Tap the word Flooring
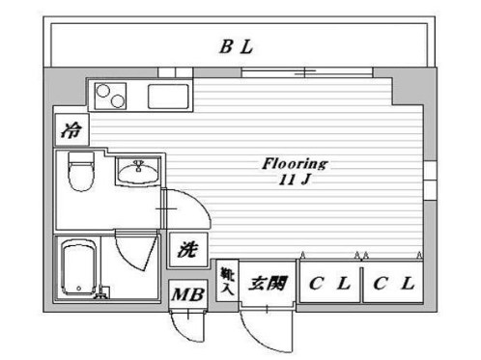click(x=296, y=163)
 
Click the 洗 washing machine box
click(x=187, y=249)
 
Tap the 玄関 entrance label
click(x=267, y=284)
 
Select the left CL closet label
click(x=329, y=284)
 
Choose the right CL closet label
click(x=394, y=284)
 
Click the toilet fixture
click(x=79, y=176)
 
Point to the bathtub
click(x=77, y=268)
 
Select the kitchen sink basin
click(x=170, y=97)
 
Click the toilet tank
click(x=78, y=158)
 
